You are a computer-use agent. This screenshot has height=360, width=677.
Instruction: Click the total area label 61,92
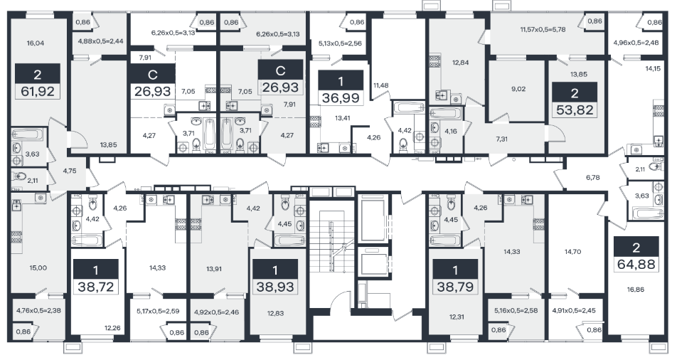38,92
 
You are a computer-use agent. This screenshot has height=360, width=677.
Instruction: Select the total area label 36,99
341,98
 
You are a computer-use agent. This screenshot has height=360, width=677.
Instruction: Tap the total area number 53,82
575,110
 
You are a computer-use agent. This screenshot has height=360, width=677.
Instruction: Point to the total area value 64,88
636,264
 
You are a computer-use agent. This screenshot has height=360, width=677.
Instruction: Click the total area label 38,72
95,287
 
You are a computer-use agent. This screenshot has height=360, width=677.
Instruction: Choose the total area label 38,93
275,287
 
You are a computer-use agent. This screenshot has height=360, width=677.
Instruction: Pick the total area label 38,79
455,287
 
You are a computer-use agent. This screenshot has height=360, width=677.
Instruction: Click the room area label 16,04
36,43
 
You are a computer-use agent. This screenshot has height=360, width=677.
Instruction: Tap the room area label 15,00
38,268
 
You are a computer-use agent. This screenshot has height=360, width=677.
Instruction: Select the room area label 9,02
518,89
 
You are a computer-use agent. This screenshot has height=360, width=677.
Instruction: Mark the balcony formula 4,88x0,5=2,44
95,41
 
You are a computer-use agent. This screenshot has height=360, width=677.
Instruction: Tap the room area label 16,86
636,290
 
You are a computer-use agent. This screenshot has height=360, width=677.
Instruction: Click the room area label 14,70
572,252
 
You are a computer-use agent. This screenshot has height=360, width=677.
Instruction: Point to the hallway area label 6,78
593,177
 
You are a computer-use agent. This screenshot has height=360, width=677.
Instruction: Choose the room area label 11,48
381,85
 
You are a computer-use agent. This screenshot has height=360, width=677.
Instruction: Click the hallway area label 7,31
501,139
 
